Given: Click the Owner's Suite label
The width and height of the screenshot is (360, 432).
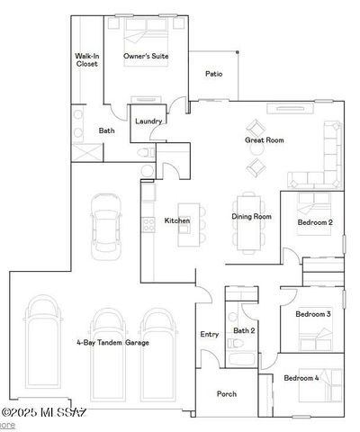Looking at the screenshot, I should coord(146,57).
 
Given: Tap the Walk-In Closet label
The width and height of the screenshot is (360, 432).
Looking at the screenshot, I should coord(86,60).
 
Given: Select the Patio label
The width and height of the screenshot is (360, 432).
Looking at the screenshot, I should coord(213,74).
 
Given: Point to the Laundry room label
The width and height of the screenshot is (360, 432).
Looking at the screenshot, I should coord(148,121).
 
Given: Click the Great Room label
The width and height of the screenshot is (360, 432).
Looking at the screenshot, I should coord(265,140).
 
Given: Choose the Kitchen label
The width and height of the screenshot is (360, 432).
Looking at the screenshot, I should coord(176,220).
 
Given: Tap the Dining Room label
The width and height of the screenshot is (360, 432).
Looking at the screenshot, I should coord(252,216).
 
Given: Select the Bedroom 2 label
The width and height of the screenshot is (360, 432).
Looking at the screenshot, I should coord(315,222).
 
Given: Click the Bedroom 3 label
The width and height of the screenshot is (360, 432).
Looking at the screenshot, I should coord(314,313).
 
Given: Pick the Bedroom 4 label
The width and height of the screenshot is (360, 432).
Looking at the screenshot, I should coord(301,378).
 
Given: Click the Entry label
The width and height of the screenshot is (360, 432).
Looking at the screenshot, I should coord(210,334).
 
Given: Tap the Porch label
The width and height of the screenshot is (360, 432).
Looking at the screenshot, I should coord(227,393).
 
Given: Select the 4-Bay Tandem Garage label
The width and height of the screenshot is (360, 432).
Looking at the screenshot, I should coord(113,343).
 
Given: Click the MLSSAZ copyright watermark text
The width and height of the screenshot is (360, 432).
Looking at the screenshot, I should coord(42,413).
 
